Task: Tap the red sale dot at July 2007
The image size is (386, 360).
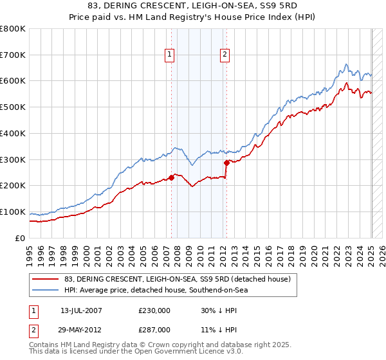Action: [x=172, y=177]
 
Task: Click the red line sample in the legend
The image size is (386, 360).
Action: [x=46, y=279]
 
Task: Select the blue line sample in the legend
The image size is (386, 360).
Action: [x=46, y=290]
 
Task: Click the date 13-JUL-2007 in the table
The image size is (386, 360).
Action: [x=81, y=310]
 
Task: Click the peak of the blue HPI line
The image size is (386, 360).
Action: [x=346, y=64]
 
